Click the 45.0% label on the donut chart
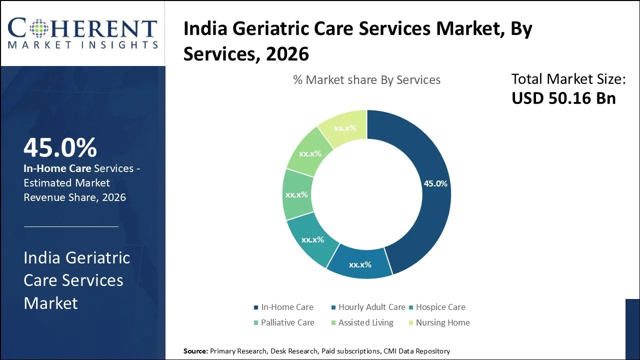pyautogui.click(x=435, y=183)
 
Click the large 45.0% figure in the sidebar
pyautogui.click(x=60, y=147)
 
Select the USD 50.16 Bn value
pyautogui.click(x=563, y=98)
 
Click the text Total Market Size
pyautogui.click(x=568, y=79)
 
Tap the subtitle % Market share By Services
pyautogui.click(x=366, y=80)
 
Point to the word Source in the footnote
pyautogui.click(x=195, y=351)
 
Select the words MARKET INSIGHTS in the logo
pyautogui.click(x=82, y=45)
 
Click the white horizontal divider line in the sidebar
pyautogui.click(x=71, y=226)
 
